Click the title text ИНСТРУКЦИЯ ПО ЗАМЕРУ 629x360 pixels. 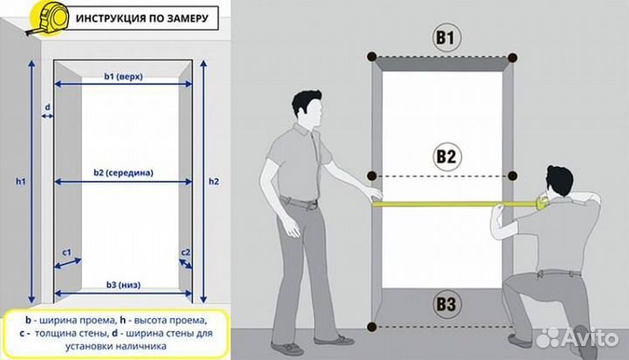pyautogui.click(x=142, y=18)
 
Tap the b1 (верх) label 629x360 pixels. pyautogui.click(x=123, y=76)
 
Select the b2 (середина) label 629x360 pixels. pyautogui.click(x=123, y=173)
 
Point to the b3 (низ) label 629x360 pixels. pyautogui.click(x=123, y=285)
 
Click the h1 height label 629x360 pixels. pyautogui.click(x=20, y=182)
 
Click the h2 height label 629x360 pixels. pyautogui.click(x=214, y=182)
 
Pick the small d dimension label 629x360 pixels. pyautogui.click(x=47, y=107)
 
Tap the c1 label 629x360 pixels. pyautogui.click(x=66, y=253)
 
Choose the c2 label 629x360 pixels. pyautogui.click(x=185, y=253)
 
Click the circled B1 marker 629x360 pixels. pyautogui.click(x=446, y=38)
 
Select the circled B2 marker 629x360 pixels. pyautogui.click(x=446, y=156)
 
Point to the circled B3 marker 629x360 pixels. pyautogui.click(x=446, y=304)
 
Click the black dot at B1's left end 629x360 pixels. pyautogui.click(x=372, y=57)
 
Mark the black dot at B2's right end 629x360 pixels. pyautogui.click(x=512, y=176)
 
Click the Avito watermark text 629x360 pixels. pyautogui.click(x=590, y=338)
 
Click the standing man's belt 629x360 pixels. pyautogui.click(x=299, y=202)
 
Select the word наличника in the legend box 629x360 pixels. pyautogui.click(x=142, y=346)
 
